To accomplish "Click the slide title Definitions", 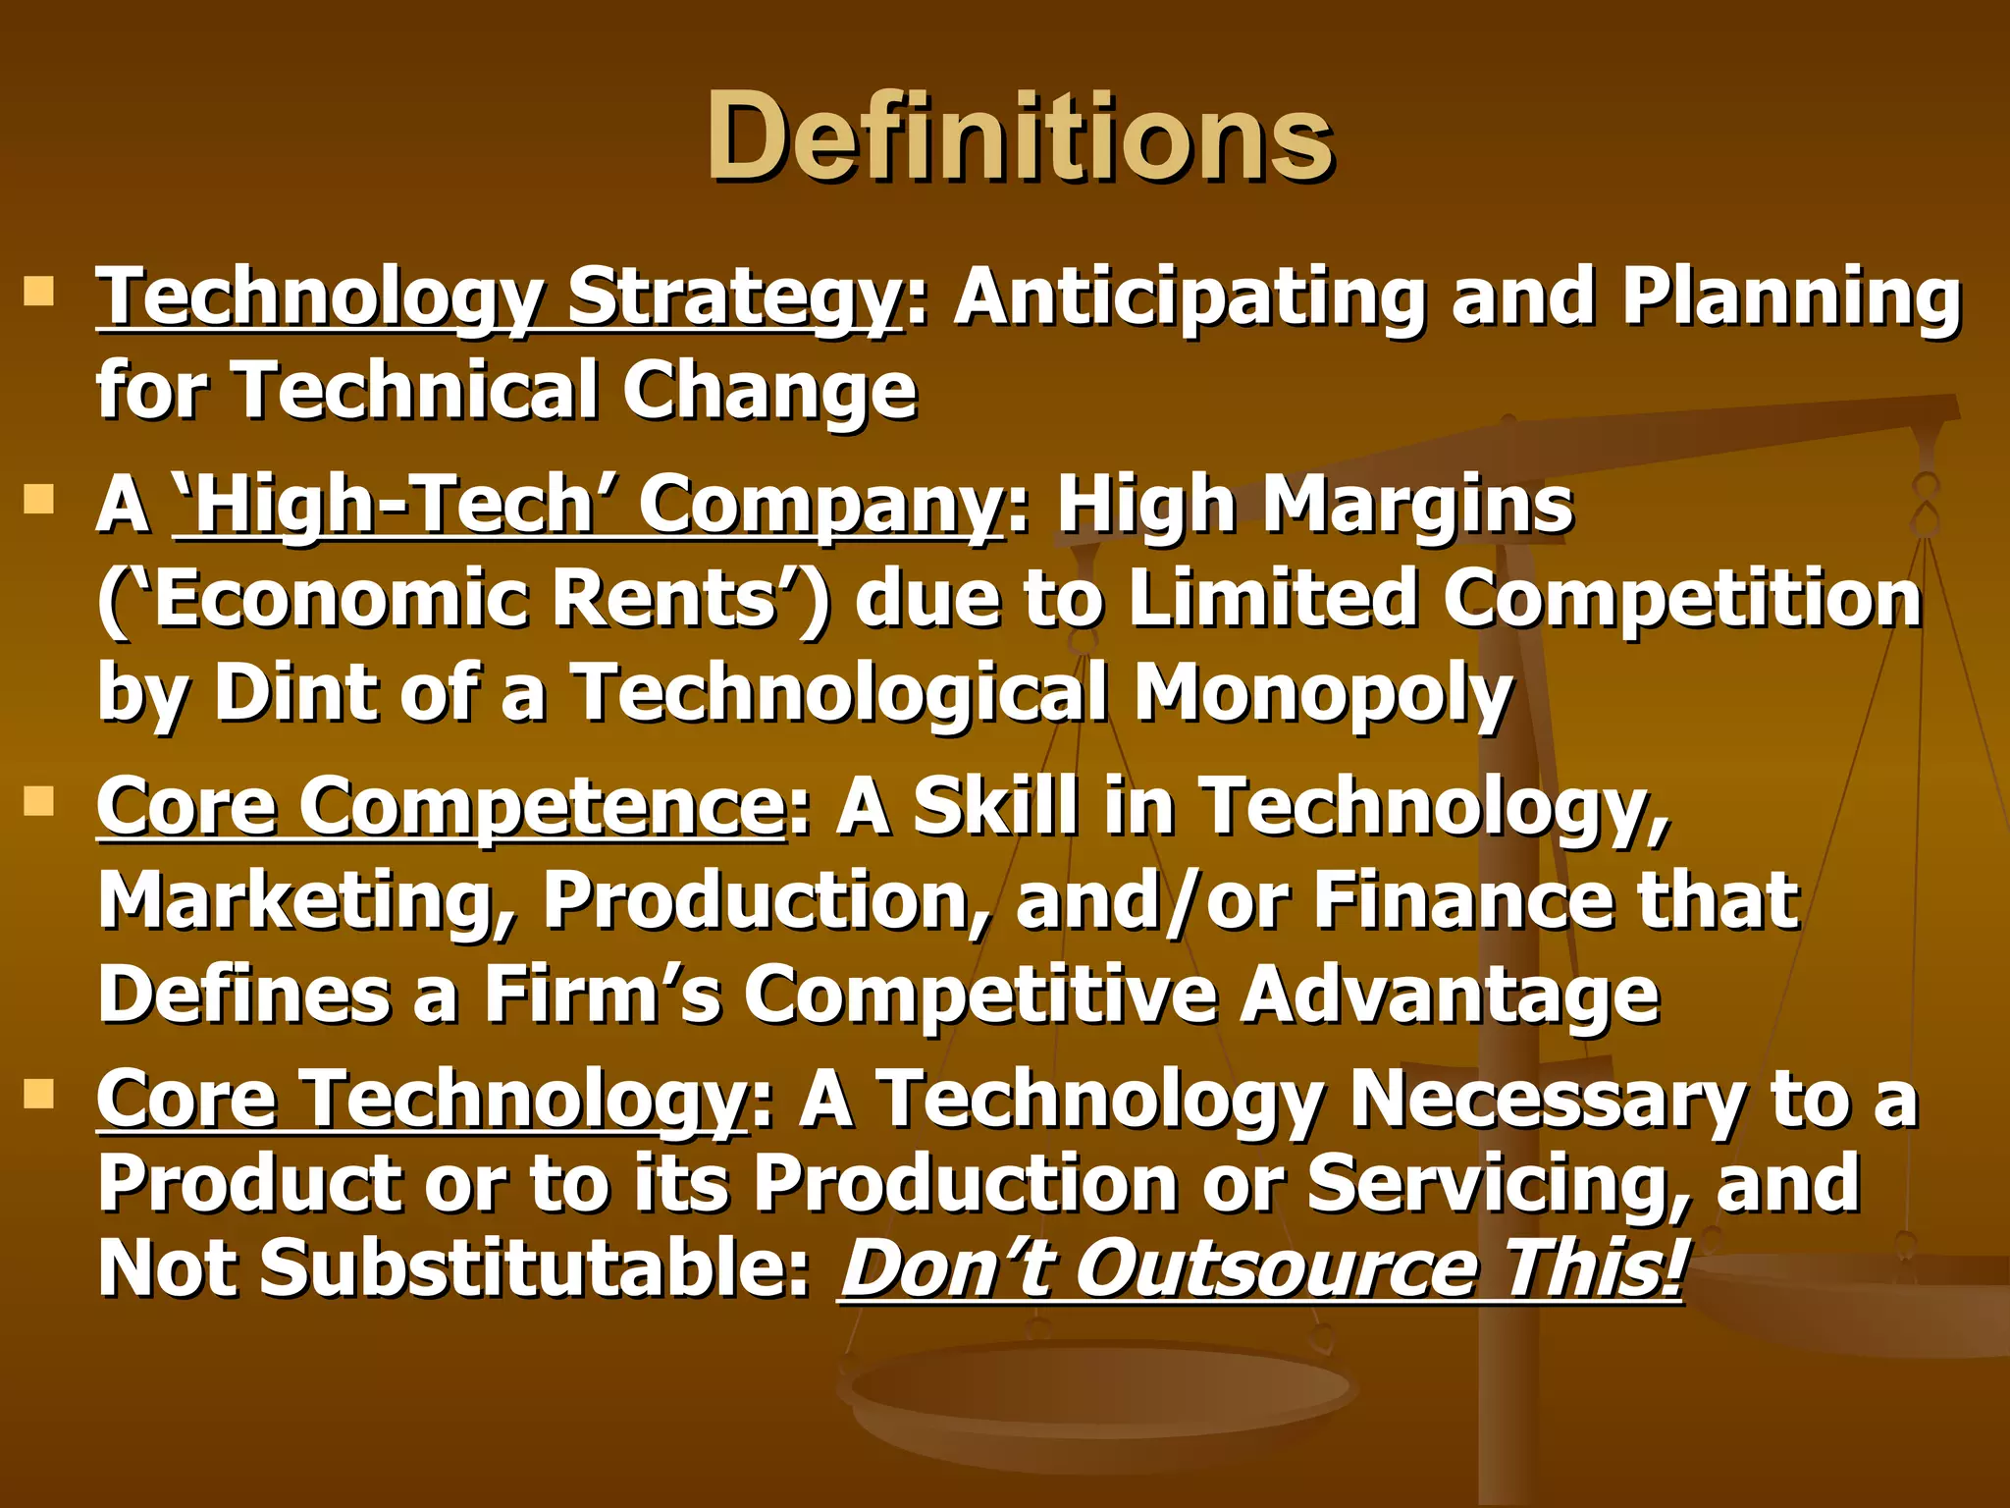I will pyautogui.click(x=1019, y=137).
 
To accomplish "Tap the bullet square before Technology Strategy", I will pyautogui.click(x=38, y=292).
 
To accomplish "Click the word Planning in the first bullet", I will pyautogui.click(x=1791, y=297).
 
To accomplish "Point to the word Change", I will pyautogui.click(x=769, y=390).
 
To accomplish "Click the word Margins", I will pyautogui.click(x=1417, y=506).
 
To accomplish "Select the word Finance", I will pyautogui.click(x=1462, y=900).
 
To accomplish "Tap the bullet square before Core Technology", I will pyautogui.click(x=38, y=1093).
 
